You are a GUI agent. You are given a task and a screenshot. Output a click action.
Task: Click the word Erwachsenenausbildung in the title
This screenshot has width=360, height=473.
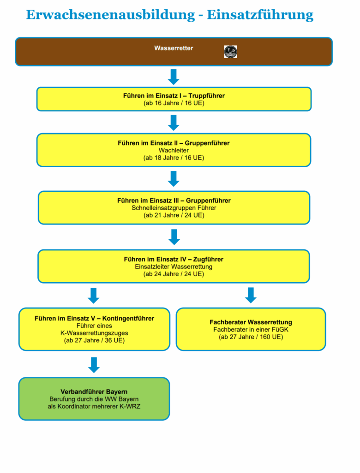110,15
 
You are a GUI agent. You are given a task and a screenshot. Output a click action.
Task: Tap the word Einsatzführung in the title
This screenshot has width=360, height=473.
260,15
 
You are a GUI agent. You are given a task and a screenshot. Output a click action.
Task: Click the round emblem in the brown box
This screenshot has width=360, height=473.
231,52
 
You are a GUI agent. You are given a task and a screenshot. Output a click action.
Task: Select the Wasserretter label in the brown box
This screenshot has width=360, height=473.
174,48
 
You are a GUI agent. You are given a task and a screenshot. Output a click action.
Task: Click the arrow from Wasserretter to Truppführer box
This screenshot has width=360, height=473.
174,77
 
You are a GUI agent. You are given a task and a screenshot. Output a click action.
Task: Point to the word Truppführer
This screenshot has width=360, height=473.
206,96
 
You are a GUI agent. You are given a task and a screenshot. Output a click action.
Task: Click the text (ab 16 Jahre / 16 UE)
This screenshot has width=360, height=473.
174,103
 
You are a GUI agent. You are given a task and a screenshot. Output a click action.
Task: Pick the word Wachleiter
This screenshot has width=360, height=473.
174,150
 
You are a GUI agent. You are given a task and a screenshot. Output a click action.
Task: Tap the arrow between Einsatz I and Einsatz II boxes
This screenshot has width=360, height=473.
174,123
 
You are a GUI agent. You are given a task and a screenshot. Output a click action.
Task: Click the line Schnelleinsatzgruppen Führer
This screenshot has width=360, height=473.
174,208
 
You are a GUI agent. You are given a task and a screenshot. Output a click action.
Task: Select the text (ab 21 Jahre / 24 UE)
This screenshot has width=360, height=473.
174,215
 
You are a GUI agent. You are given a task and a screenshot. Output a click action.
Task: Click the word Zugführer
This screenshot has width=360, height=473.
208,260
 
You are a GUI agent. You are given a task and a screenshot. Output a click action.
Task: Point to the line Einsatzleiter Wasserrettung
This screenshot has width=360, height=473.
174,267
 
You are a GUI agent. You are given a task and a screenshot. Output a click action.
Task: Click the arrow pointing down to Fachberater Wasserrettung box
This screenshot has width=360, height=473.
251,295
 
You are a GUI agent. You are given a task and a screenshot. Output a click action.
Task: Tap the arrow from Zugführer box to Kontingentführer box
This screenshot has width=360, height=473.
94,296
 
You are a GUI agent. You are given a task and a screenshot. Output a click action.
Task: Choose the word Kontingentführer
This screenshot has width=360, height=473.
128,319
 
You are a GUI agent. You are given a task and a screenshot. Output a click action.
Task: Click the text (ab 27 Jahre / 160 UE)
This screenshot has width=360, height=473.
251,337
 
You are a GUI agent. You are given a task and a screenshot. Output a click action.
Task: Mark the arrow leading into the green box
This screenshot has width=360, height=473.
94,365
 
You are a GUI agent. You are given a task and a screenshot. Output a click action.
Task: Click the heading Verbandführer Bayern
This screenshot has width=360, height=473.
94,392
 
